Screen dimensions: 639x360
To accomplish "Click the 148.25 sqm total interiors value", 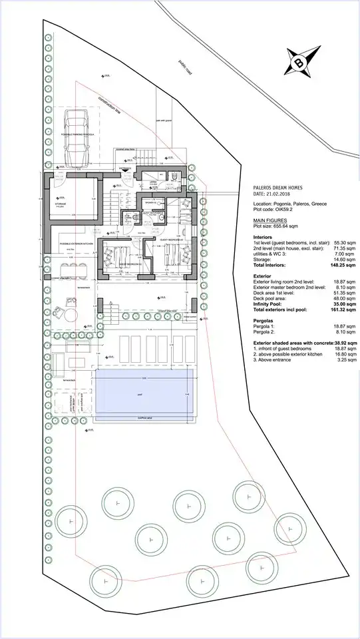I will (x=343, y=265).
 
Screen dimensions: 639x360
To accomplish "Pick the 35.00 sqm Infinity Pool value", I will (x=343, y=304).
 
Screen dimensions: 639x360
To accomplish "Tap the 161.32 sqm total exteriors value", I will (x=343, y=310).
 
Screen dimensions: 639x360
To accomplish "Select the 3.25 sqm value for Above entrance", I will (x=345, y=361).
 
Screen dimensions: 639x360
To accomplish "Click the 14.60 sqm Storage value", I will (x=343, y=259).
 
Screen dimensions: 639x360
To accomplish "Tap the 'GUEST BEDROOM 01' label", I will (x=130, y=264).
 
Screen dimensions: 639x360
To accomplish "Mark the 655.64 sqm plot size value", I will (x=289, y=226).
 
